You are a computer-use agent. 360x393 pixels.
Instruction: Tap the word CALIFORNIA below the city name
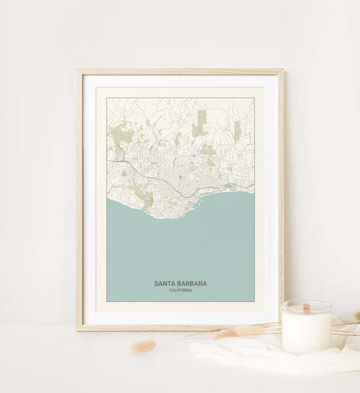180,290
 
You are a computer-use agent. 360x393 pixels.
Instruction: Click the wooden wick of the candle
306,307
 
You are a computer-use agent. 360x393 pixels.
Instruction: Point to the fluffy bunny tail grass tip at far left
142,346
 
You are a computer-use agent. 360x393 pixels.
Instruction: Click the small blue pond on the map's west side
123,174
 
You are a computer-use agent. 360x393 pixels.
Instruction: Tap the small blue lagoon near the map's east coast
227,187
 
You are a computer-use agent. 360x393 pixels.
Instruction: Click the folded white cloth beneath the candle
262,357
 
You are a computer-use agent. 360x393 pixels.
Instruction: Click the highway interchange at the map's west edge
113,161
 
